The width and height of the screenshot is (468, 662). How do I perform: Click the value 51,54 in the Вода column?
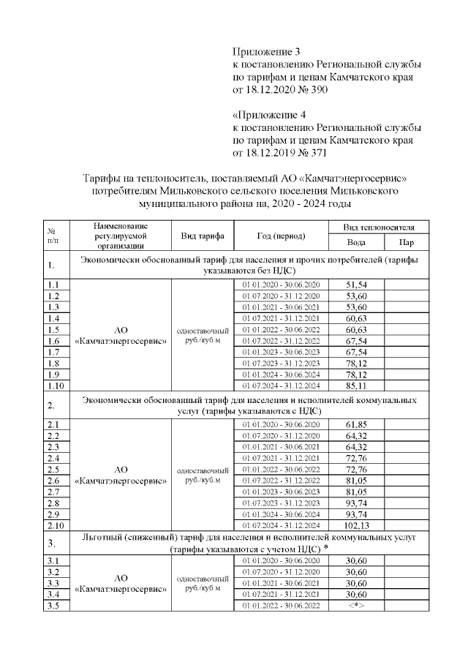coord(355,284)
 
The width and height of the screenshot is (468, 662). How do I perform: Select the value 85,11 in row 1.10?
coord(355,385)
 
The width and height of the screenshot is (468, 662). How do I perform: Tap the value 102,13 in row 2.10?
coord(355,525)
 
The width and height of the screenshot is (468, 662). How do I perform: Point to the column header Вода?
coord(355,242)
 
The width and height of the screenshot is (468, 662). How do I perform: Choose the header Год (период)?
coord(281,236)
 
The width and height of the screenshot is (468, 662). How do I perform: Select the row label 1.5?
coord(53,329)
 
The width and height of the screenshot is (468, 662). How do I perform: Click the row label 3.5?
coord(53,606)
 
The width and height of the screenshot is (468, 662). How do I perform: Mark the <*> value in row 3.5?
coord(355,606)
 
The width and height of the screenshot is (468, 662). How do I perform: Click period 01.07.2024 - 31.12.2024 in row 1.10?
coord(281,385)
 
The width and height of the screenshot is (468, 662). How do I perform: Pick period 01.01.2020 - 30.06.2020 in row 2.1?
coord(281,424)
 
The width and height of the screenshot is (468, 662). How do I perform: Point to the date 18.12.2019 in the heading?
coord(266,154)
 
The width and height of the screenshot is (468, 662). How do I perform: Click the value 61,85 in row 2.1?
coord(355,424)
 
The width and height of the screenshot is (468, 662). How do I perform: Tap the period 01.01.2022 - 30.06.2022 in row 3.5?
coord(281,606)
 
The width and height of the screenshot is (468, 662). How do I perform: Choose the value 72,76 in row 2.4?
coord(355,458)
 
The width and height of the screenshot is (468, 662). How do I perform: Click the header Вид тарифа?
coord(202,236)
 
